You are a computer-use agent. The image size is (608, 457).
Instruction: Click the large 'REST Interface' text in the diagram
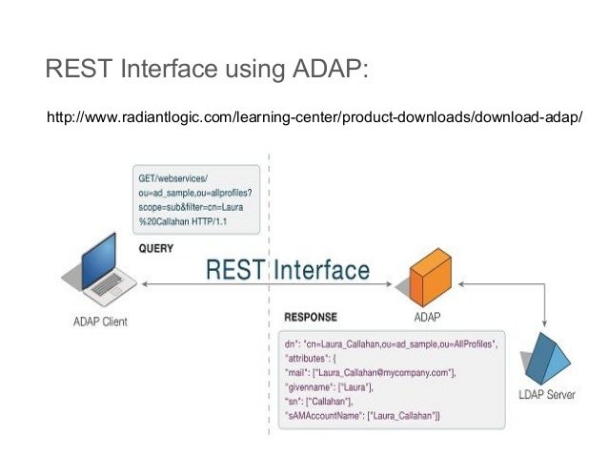point(287,270)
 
